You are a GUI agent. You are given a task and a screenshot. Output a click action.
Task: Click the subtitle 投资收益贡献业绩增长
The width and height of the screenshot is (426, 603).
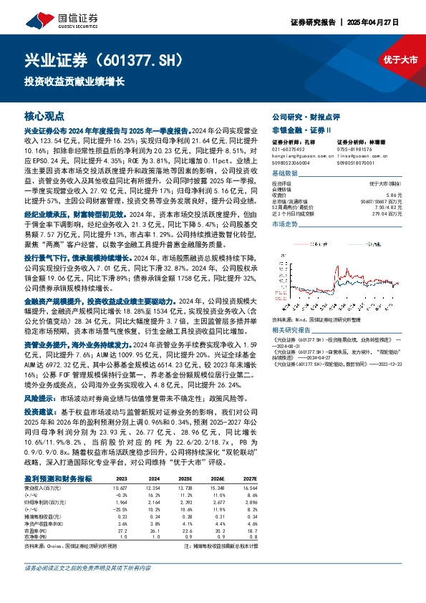click(x=74, y=80)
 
